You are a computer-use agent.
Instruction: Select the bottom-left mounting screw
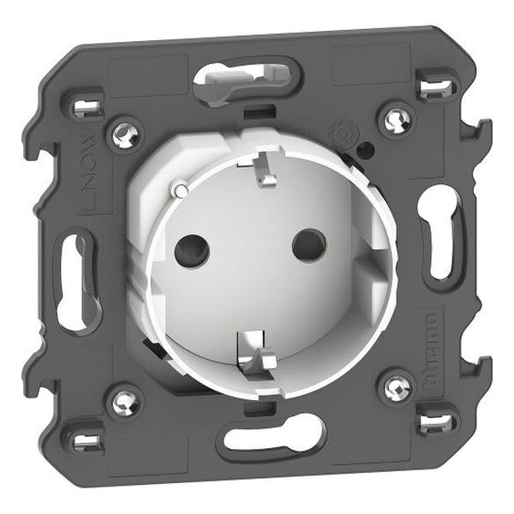click(x=126, y=398)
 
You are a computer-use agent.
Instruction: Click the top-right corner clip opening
click(x=433, y=85)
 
